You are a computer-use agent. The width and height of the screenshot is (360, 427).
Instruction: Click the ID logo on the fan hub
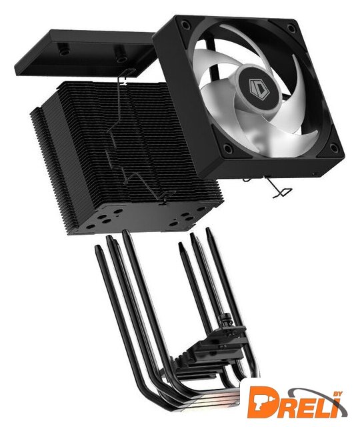point(255,86)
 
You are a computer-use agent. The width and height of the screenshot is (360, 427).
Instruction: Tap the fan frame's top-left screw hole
point(185,25)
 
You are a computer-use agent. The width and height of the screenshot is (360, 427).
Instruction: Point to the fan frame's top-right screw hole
point(291,27)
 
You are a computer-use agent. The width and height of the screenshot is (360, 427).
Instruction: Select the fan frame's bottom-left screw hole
point(227,148)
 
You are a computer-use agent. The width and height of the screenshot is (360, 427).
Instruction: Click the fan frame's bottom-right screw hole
point(334,147)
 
